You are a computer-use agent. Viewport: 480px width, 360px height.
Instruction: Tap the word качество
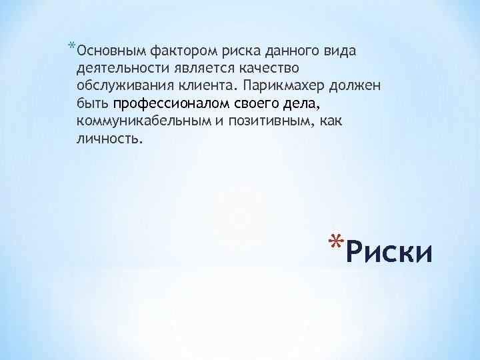261,69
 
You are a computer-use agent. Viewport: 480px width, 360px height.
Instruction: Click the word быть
93,104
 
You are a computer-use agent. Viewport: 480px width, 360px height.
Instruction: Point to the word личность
109,139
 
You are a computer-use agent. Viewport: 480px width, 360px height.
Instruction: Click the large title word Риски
391,253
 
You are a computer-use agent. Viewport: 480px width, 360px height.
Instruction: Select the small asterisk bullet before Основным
71,47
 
